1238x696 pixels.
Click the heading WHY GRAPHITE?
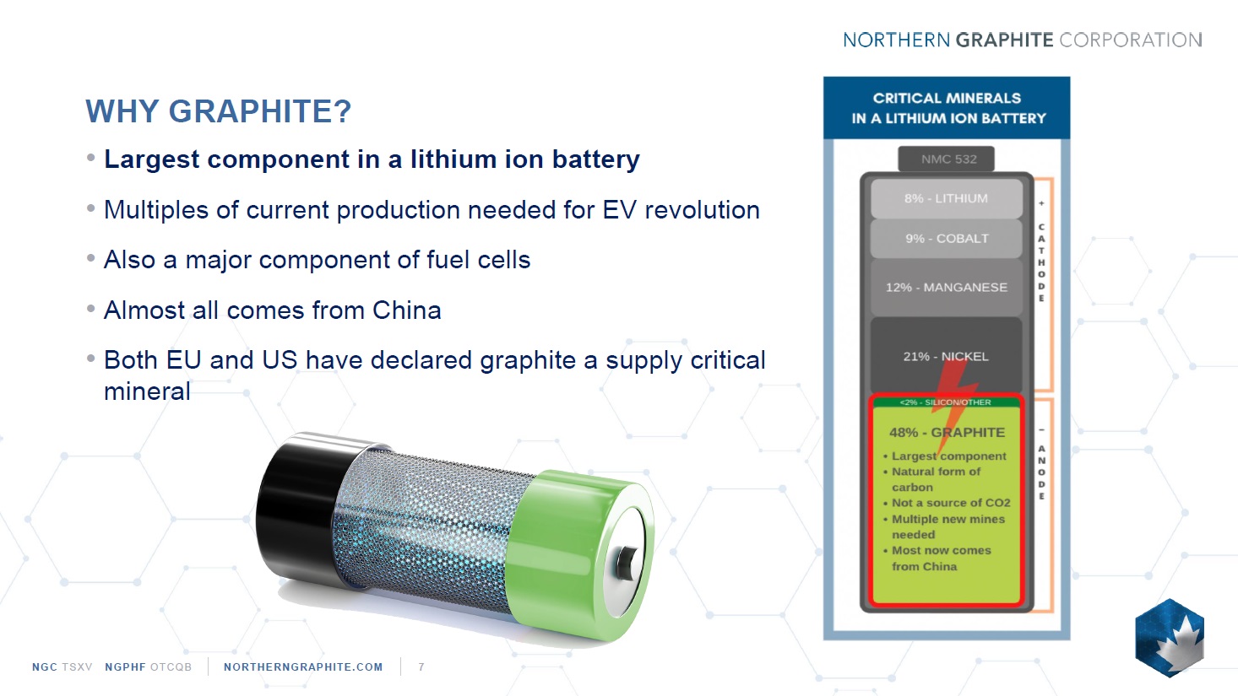[219, 111]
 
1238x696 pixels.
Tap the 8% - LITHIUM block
[946, 198]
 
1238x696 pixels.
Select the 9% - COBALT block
[946, 239]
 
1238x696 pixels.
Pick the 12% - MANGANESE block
[946, 287]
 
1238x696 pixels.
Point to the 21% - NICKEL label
[946, 357]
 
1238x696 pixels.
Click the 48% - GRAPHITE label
[947, 432]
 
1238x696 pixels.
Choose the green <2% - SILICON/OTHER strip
[946, 402]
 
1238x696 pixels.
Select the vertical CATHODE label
[1041, 262]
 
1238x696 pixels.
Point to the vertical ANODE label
[1041, 472]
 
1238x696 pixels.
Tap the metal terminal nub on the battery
[626, 562]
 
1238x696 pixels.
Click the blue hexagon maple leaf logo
[1170, 638]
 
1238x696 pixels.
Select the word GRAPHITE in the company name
[1004, 40]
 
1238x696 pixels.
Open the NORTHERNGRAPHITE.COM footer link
[303, 666]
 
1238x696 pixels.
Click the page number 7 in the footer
[421, 666]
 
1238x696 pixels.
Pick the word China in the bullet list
[407, 310]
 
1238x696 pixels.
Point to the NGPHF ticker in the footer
[125, 666]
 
